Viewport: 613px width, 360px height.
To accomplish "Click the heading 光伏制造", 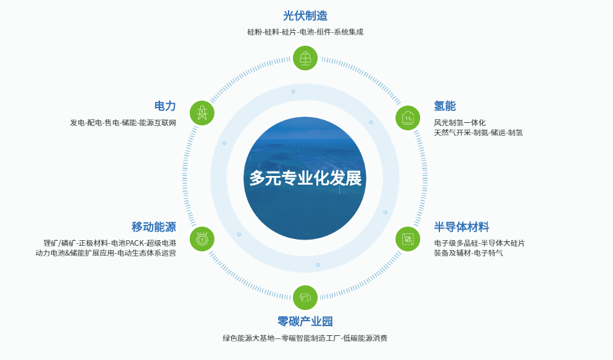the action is click(x=305, y=16).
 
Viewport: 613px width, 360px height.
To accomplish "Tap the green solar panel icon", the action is click(x=305, y=58).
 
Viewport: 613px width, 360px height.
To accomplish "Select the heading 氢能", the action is click(x=445, y=106).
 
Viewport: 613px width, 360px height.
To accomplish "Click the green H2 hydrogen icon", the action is click(x=408, y=118).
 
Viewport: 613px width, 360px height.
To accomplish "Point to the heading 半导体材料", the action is click(x=462, y=227).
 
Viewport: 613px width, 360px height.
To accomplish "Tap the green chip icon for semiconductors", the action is click(x=408, y=239).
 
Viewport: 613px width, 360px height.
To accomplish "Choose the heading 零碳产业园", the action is click(x=305, y=321).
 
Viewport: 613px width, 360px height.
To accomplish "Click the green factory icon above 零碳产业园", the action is click(x=305, y=298).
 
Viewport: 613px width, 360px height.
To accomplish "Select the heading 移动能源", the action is click(x=154, y=227).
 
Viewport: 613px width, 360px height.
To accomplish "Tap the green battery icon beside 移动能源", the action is click(x=202, y=239).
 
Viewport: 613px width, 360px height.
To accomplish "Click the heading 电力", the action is click(x=165, y=106).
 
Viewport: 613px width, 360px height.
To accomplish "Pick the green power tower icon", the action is click(x=202, y=113).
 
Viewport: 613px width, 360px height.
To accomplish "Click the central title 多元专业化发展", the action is click(x=305, y=178).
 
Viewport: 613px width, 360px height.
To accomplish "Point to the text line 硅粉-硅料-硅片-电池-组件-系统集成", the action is click(x=305, y=32).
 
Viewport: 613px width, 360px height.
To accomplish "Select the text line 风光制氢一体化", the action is click(x=460, y=123).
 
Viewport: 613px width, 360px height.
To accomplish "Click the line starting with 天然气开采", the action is click(x=478, y=133).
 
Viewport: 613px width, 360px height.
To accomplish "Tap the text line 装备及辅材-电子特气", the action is click(x=468, y=253).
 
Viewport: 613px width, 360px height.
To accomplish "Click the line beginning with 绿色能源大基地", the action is click(x=305, y=338).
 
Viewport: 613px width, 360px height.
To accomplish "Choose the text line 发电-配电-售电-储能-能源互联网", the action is click(x=123, y=123).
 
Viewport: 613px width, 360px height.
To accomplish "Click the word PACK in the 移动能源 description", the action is click(x=135, y=243).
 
